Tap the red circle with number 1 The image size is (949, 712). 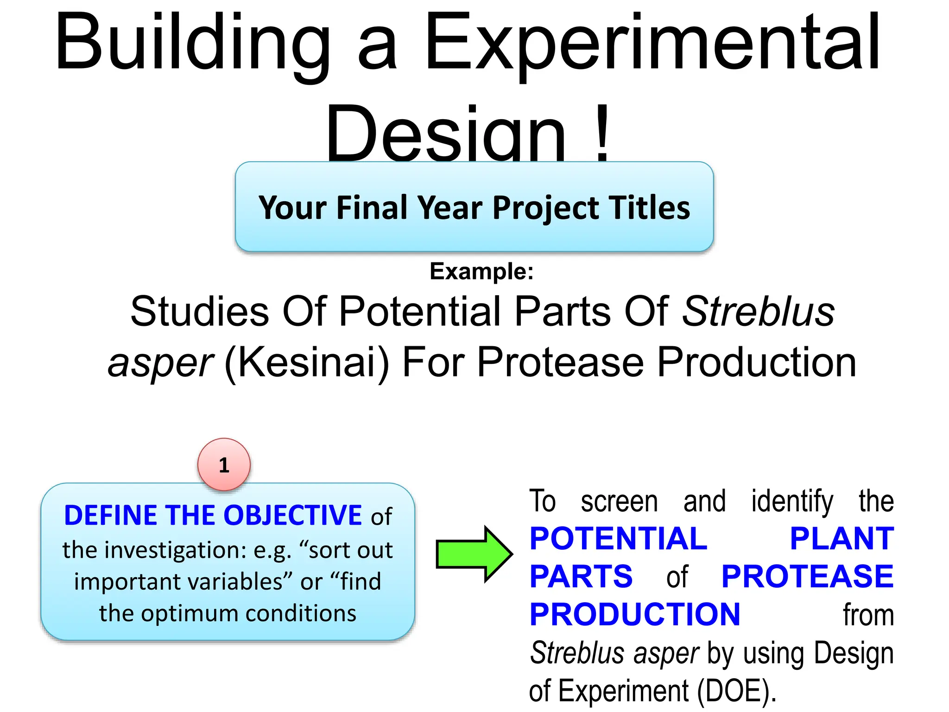point(224,464)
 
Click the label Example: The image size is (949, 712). point(481,271)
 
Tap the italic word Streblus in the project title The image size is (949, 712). point(758,311)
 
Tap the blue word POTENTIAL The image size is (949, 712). point(618,539)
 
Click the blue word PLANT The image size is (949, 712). point(841,539)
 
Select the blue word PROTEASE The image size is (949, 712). point(807,577)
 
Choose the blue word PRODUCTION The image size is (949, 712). point(635,615)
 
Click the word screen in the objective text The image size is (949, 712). point(619,502)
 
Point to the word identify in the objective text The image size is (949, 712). point(792,502)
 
